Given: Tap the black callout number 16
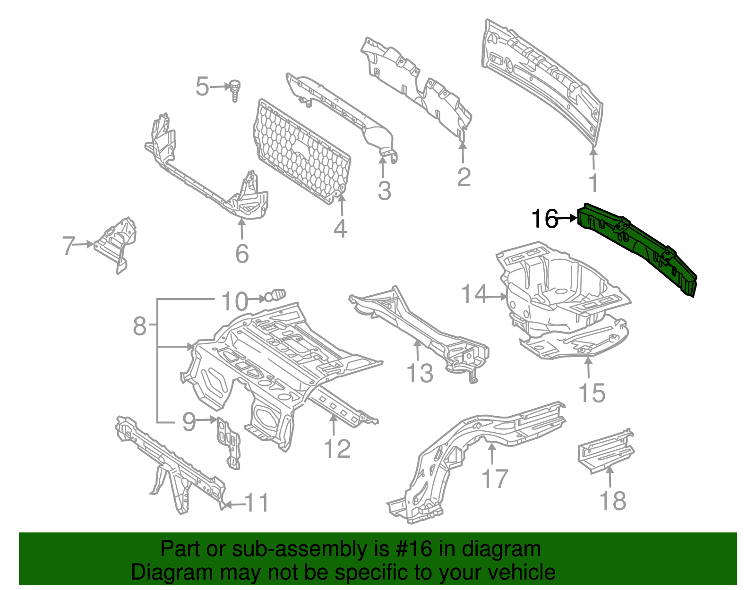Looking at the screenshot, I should (x=544, y=219).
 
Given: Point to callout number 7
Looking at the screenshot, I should (x=69, y=246).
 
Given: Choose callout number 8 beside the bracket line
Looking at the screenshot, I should (x=139, y=326).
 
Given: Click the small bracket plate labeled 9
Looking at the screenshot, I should (x=228, y=442).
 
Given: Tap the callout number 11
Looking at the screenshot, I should (x=258, y=503).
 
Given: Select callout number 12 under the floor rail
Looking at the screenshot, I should (x=337, y=449).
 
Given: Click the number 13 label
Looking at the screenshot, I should (x=420, y=373).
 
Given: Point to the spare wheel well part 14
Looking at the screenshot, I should (x=562, y=288).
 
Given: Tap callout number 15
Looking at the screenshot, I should (x=592, y=393).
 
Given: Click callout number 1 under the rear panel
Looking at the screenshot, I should (x=593, y=183).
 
